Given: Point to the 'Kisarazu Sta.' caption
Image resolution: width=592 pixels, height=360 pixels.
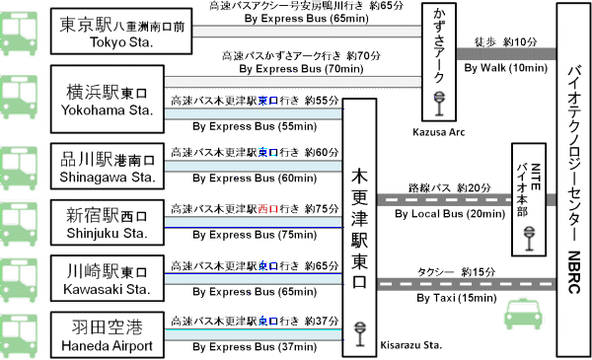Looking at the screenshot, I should point(407,344).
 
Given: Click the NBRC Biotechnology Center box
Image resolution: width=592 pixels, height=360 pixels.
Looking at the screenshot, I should point(573,178).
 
